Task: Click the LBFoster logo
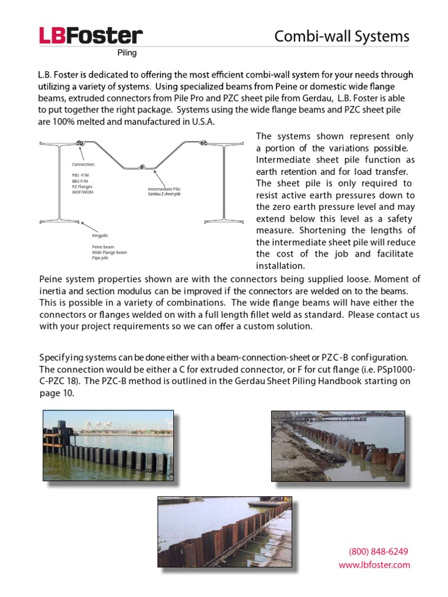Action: [90, 36]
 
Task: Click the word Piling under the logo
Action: [127, 53]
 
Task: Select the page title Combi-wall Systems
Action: [342, 37]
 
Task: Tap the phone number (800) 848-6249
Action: [378, 552]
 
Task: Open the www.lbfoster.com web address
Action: [374, 565]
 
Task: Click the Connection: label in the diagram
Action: [83, 164]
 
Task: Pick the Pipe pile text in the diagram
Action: [100, 258]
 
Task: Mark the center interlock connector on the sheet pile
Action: [141, 167]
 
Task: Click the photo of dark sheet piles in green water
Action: [108, 446]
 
